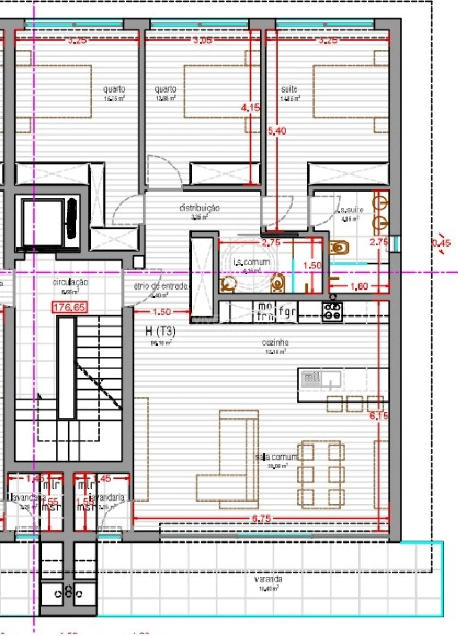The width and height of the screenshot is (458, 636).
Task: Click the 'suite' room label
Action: click(x=289, y=89)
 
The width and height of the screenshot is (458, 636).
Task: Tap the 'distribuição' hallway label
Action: click(x=199, y=208)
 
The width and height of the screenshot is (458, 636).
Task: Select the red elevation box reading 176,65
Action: click(x=69, y=307)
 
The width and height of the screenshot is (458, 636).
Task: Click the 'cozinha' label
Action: click(x=275, y=342)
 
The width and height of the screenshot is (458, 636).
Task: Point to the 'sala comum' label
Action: click(x=276, y=457)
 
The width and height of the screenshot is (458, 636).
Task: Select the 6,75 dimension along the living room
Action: click(x=261, y=518)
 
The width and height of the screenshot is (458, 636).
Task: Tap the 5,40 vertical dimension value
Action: click(x=277, y=131)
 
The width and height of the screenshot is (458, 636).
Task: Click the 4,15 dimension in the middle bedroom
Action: click(x=250, y=107)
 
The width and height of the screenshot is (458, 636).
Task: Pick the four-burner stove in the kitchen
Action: click(x=332, y=311)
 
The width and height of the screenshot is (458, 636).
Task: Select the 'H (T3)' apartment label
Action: click(x=161, y=331)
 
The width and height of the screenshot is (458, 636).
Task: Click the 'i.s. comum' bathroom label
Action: click(x=252, y=262)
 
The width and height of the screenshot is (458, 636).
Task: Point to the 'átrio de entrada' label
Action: click(x=161, y=286)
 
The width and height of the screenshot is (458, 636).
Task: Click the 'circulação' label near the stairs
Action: click(x=70, y=282)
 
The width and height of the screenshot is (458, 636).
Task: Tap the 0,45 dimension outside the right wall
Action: click(x=441, y=243)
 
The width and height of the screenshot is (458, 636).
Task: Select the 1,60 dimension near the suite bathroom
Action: click(x=359, y=286)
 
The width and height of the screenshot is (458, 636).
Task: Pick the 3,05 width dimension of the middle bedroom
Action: click(x=203, y=40)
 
